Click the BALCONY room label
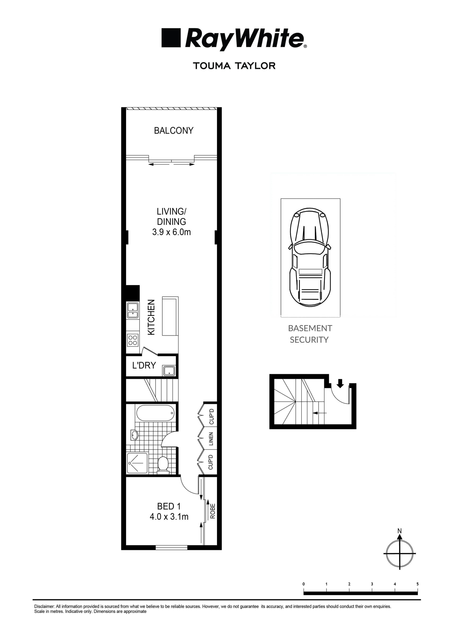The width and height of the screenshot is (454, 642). pos(174,130)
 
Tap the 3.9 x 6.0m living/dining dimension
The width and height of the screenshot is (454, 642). pos(171,232)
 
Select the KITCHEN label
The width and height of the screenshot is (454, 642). pos(151,317)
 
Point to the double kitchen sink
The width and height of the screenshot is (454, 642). pos(133,311)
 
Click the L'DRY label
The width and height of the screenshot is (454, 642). pos(144,365)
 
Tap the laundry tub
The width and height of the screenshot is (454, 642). pos(169,371)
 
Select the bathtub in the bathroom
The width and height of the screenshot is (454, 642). pos(155,413)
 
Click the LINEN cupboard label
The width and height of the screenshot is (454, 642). pos(211,439)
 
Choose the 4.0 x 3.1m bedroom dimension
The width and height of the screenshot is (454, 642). pos(169,517)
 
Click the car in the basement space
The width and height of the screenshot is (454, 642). pos(310,257)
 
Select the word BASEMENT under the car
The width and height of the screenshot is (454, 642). pos(310,328)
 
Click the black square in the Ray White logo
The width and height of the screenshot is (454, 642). pos(171,38)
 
